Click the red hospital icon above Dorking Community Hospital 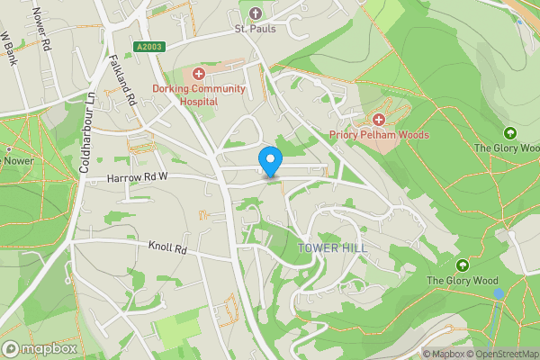(198, 72)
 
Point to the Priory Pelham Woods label (378, 135)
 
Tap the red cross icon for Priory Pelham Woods (379, 119)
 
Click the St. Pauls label (255, 28)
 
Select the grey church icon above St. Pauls (255, 13)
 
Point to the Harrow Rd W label (138, 177)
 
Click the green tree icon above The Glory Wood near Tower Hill (462, 265)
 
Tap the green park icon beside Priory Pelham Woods (509, 132)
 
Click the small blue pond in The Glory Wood (499, 293)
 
